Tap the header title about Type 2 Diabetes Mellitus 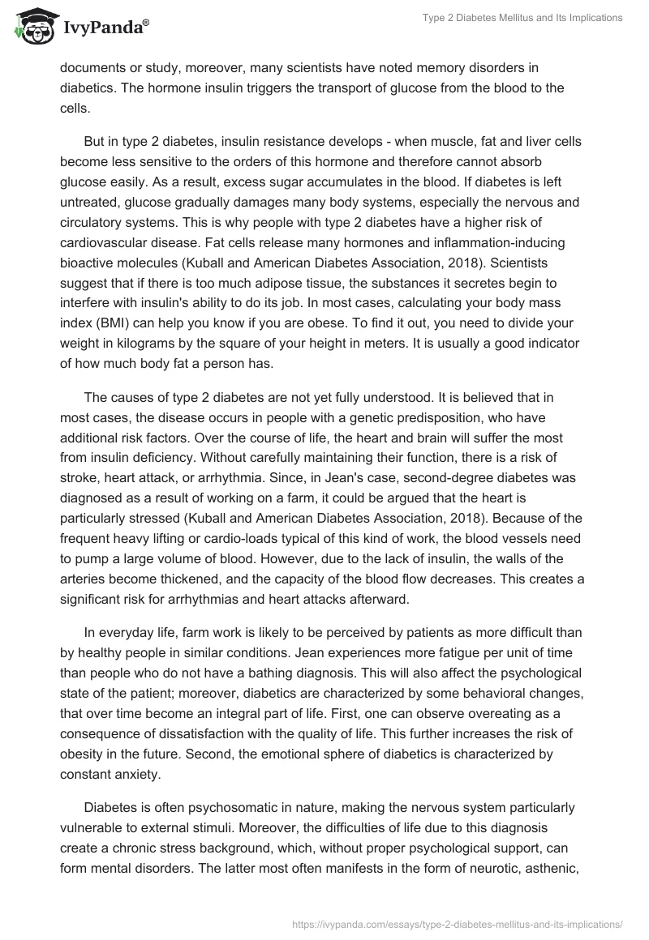[x=522, y=18]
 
